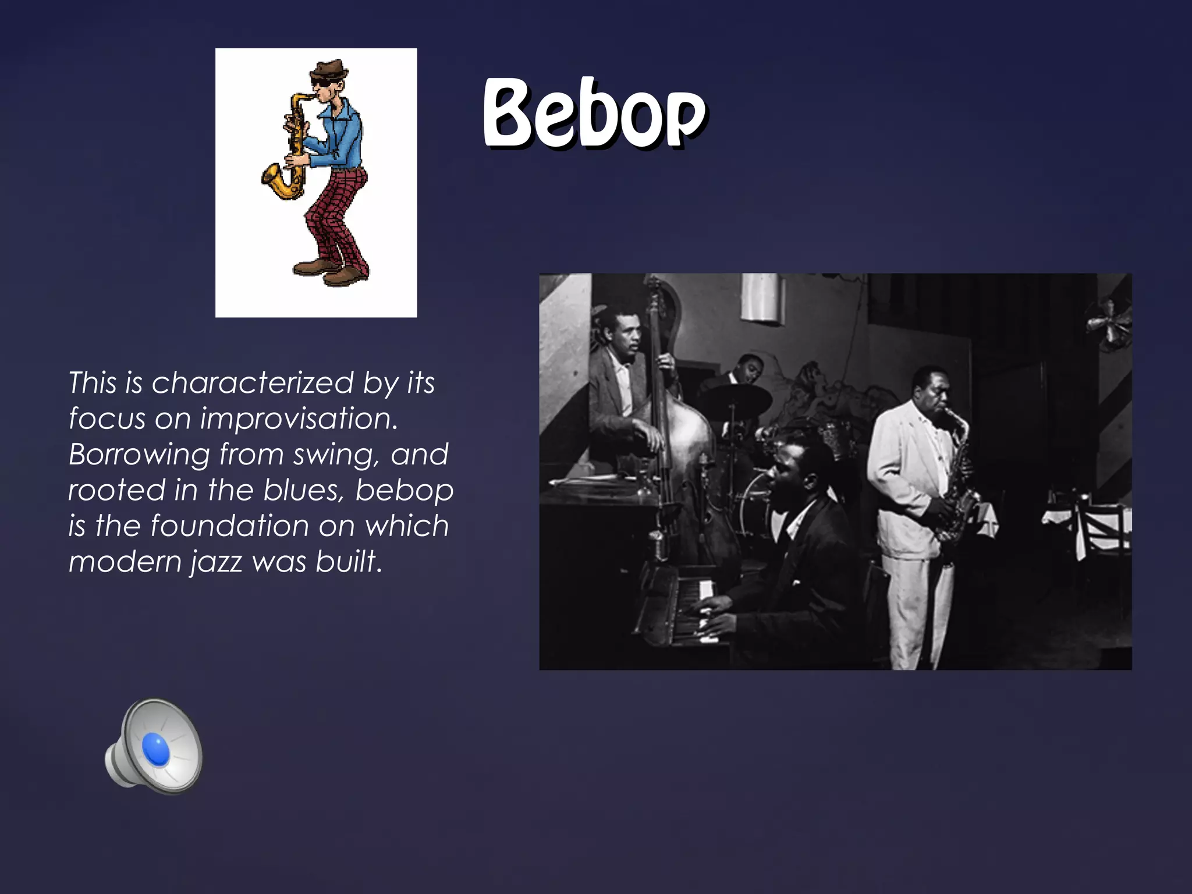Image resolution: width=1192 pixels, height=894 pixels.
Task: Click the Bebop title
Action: tap(594, 113)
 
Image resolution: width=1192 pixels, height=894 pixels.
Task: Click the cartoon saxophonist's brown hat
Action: tap(328, 70)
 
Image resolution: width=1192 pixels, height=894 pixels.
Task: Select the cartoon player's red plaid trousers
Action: tap(335, 215)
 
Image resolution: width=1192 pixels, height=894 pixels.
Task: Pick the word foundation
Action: tap(229, 526)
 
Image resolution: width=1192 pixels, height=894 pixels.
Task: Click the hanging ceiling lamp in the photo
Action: tap(762, 297)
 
